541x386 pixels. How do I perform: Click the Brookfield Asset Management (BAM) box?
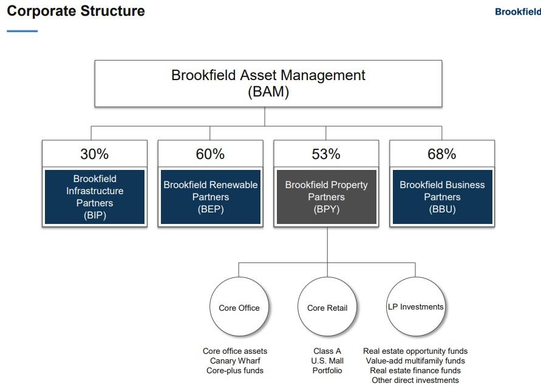click(x=268, y=83)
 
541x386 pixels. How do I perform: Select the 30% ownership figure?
click(x=94, y=154)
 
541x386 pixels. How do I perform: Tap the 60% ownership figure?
click(x=210, y=154)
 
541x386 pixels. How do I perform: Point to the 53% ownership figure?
click(x=326, y=154)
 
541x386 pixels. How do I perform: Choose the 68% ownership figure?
click(x=441, y=154)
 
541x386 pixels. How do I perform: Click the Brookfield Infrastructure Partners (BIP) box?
click(x=94, y=197)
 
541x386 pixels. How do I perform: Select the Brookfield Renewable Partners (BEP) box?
click(x=210, y=197)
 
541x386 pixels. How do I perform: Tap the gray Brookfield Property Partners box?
click(x=326, y=197)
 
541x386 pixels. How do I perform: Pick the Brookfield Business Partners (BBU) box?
click(x=441, y=197)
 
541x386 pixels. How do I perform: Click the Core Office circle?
click(x=239, y=307)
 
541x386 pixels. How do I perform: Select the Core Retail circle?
click(x=327, y=307)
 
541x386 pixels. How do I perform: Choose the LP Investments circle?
click(x=415, y=307)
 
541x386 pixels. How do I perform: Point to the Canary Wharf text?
click(x=235, y=361)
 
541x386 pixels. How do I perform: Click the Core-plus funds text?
click(x=235, y=370)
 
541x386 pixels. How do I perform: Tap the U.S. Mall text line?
click(x=327, y=361)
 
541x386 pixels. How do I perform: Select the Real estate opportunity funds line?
click(x=415, y=351)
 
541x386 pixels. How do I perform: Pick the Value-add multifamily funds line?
click(x=415, y=361)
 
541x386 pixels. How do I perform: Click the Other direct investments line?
click(x=415, y=380)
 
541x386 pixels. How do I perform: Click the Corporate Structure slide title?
click(x=76, y=11)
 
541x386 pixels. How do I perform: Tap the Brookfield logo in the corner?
click(x=517, y=12)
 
